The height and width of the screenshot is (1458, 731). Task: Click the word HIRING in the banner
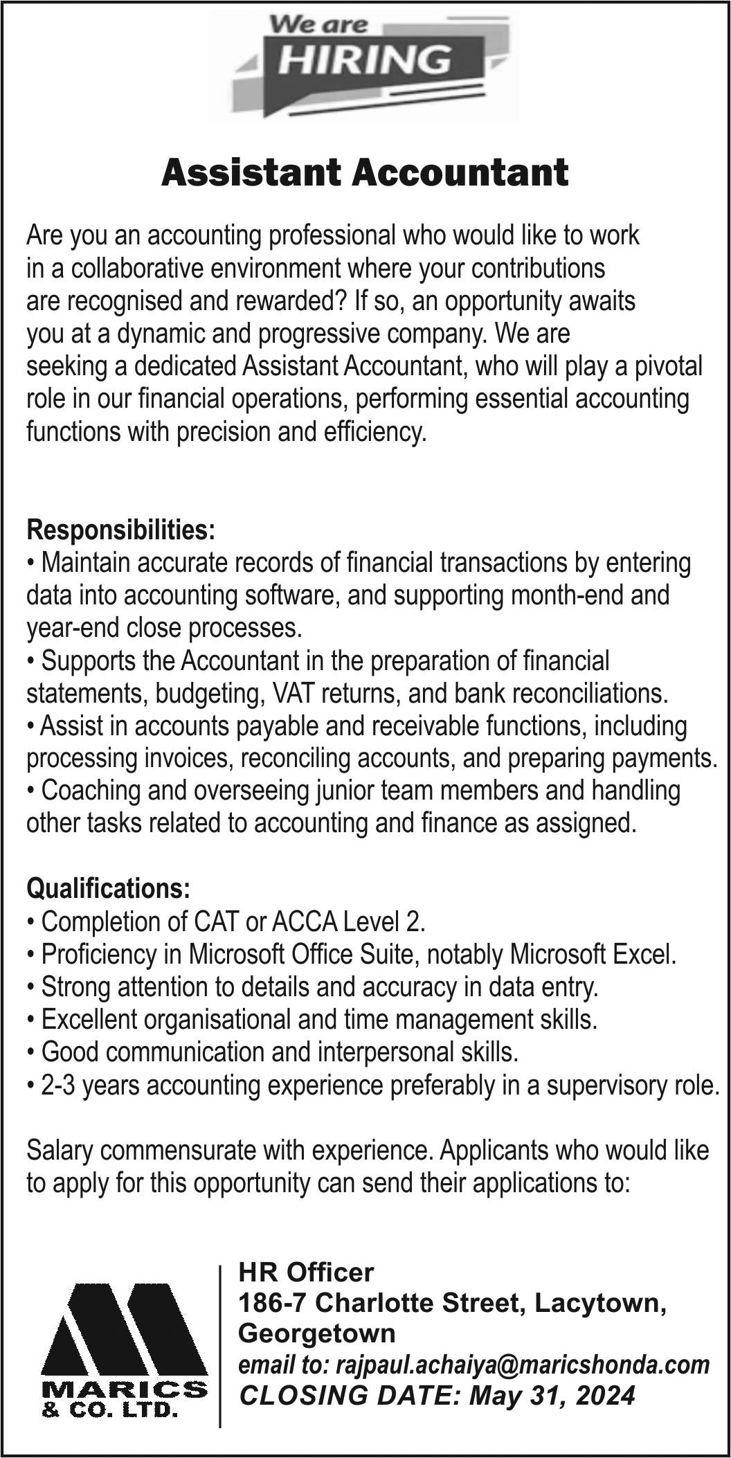pos(365,59)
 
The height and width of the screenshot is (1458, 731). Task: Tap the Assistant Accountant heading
pos(365,173)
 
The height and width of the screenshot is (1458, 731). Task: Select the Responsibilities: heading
pos(121,530)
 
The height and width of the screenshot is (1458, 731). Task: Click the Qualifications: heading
pos(108,888)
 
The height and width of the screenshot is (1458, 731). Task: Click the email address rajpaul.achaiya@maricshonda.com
pos(523,1365)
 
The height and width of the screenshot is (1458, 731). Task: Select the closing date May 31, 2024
pos(552,1395)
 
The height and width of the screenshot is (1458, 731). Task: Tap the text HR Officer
pos(306,1272)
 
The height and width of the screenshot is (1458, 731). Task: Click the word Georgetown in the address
pos(317,1333)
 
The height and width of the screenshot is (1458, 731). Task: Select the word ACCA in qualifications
pos(304,921)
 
